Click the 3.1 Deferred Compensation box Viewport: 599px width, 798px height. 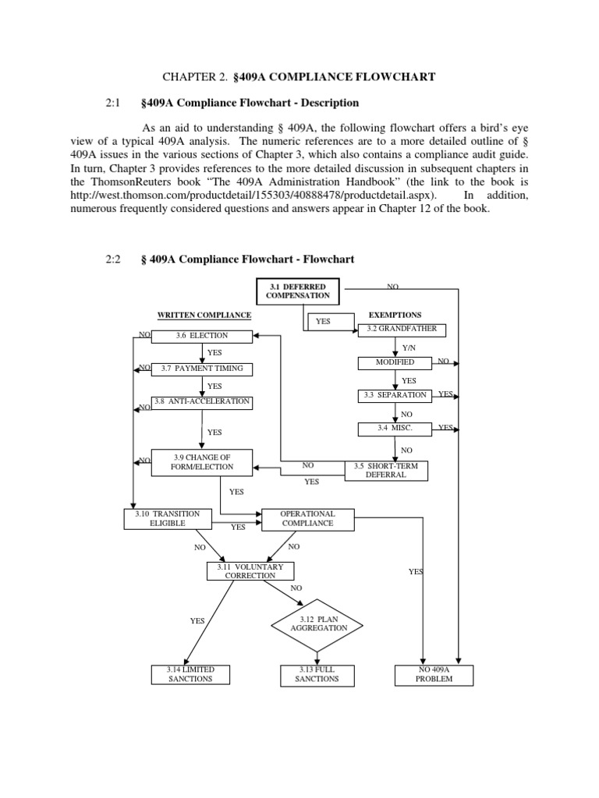click(298, 291)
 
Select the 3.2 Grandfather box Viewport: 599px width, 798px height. click(402, 330)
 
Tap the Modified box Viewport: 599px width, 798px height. click(395, 362)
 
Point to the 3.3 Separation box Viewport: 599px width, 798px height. click(395, 395)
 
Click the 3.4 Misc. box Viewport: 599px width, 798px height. click(395, 428)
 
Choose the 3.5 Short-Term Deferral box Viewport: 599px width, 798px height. click(386, 469)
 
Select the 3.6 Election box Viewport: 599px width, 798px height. click(202, 336)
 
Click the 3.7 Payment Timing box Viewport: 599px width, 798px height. click(202, 369)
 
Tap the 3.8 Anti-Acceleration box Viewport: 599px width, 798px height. click(202, 402)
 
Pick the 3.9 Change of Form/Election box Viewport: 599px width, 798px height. click(202, 461)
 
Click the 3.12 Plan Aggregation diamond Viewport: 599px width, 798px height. click(319, 623)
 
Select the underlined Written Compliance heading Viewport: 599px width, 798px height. click(205, 316)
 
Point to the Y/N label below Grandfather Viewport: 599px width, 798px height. click(409, 347)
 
